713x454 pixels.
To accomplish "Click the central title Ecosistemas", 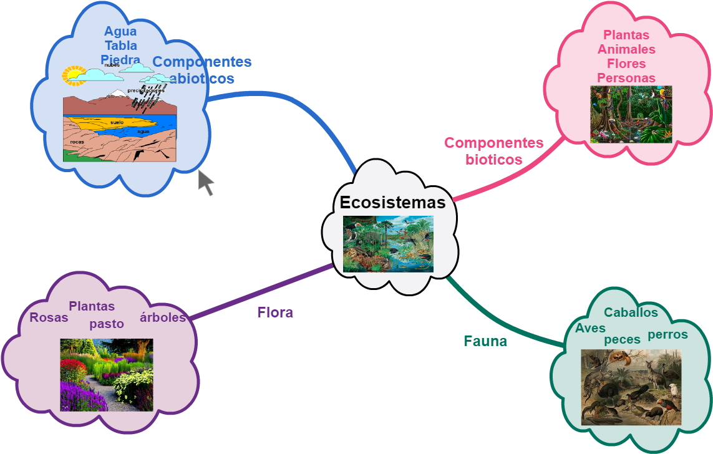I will pyautogui.click(x=392, y=203).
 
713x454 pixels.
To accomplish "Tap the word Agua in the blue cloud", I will pyautogui.click(x=120, y=31).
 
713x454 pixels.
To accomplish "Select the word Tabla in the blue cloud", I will pyautogui.click(x=120, y=46).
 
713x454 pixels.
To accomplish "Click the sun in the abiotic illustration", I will pyautogui.click(x=74, y=75).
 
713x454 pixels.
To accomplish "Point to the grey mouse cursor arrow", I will pyautogui.click(x=205, y=182).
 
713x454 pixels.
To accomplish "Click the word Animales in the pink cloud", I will pyautogui.click(x=626, y=49).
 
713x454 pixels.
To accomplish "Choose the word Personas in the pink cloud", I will pyautogui.click(x=626, y=78).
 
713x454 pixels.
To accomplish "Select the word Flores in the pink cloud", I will pyautogui.click(x=626, y=64).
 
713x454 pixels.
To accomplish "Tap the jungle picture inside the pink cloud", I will pyautogui.click(x=631, y=114).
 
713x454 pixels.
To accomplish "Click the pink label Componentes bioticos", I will pyautogui.click(x=493, y=151).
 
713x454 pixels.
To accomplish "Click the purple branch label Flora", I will pyautogui.click(x=275, y=312).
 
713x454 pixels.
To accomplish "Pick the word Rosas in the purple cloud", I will pyautogui.click(x=49, y=317).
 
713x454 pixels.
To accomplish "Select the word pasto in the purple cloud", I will pyautogui.click(x=107, y=324).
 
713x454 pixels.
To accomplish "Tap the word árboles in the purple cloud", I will pyautogui.click(x=163, y=317).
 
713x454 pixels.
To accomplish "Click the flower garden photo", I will pyautogui.click(x=106, y=375).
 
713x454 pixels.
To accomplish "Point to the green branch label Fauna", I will pyautogui.click(x=485, y=341).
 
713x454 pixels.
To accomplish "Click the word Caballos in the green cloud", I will pyautogui.click(x=631, y=312).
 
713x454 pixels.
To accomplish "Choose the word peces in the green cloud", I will pyautogui.click(x=622, y=339).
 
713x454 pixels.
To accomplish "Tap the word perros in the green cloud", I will pyautogui.click(x=667, y=334).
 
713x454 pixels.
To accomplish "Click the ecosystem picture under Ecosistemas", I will pyautogui.click(x=388, y=244).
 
